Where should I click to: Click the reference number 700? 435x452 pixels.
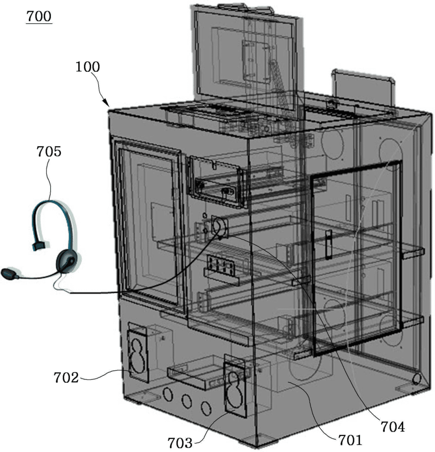pyautogui.click(x=39, y=16)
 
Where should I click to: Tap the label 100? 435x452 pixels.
pyautogui.click(x=88, y=67)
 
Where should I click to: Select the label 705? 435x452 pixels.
pyautogui.click(x=49, y=151)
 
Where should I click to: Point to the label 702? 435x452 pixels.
pyautogui.click(x=66, y=377)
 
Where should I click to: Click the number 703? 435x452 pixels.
pyautogui.click(x=180, y=442)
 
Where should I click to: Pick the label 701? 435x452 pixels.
pyautogui.click(x=350, y=440)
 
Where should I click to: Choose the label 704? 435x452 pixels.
pyautogui.click(x=393, y=426)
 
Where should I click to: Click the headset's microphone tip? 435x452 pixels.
pyautogui.click(x=7, y=273)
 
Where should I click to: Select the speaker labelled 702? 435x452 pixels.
pyautogui.click(x=138, y=353)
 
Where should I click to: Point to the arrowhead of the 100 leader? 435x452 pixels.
pyautogui.click(x=106, y=103)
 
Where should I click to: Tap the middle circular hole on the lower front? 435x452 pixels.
pyautogui.click(x=187, y=401)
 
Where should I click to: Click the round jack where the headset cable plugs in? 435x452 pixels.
pyautogui.click(x=219, y=227)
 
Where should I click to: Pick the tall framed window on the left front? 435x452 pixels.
pyautogui.click(x=149, y=222)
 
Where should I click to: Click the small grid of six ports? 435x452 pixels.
pyautogui.click(x=221, y=264)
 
